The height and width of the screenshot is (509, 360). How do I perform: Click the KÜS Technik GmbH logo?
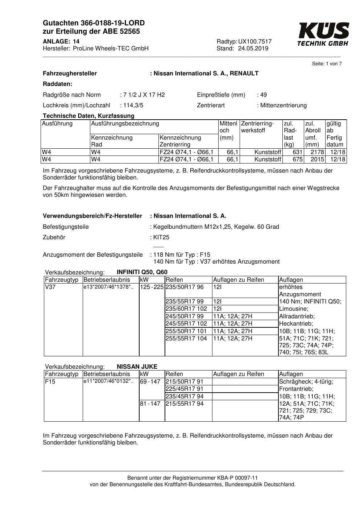[x=323, y=34]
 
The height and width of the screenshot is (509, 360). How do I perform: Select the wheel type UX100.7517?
[x=255, y=42]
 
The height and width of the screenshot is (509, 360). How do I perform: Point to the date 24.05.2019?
[x=253, y=49]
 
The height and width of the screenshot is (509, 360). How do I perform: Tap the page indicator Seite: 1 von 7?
[x=327, y=64]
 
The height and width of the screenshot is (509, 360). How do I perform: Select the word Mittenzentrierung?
[x=283, y=105]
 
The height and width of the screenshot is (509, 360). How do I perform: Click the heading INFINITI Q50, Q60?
[x=142, y=272]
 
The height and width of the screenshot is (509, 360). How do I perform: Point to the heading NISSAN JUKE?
[x=137, y=367]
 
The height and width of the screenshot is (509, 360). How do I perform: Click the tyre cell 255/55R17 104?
[x=186, y=338]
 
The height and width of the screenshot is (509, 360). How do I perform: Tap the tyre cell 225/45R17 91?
[x=184, y=389]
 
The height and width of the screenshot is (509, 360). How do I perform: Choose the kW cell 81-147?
[x=150, y=404]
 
